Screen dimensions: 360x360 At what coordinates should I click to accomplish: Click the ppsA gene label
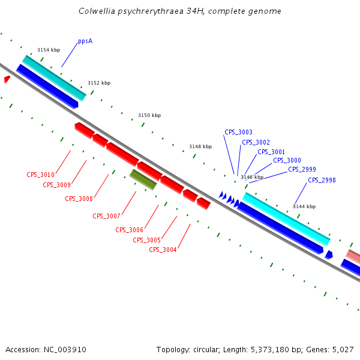click(85, 41)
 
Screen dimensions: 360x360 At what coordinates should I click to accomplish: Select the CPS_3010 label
click(40, 175)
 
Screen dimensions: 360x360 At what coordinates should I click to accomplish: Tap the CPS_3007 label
click(106, 216)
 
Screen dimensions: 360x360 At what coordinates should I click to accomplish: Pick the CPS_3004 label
click(163, 250)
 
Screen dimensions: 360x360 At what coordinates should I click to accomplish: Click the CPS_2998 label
click(322, 180)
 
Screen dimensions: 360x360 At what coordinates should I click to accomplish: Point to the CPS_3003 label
click(238, 132)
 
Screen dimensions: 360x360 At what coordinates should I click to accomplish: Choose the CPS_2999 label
click(302, 169)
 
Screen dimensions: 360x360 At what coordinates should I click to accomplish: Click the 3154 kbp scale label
click(49, 50)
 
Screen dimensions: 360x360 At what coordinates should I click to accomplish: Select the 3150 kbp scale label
click(149, 115)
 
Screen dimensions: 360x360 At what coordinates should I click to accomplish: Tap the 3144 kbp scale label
click(304, 206)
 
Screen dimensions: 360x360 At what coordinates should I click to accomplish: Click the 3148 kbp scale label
click(200, 146)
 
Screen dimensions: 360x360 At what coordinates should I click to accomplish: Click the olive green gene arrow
click(143, 179)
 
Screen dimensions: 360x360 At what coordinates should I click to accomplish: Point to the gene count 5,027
click(343, 349)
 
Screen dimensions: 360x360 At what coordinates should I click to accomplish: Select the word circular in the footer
click(207, 349)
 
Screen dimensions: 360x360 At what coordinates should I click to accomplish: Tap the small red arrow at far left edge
click(7, 79)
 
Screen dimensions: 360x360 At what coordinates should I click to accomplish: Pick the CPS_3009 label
click(56, 185)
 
